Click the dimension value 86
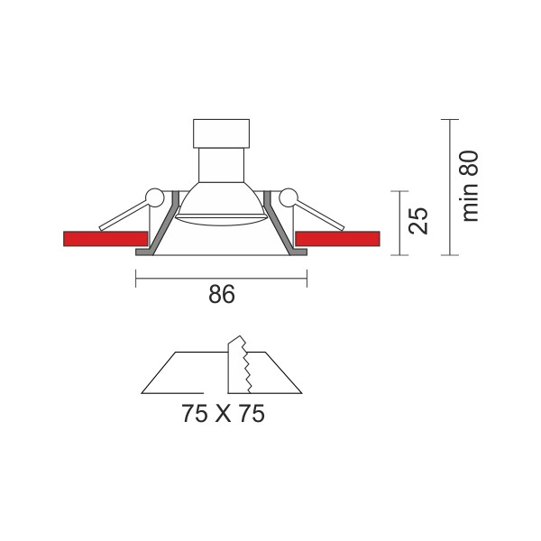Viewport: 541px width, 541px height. (x=222, y=294)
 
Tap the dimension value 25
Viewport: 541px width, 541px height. (x=418, y=221)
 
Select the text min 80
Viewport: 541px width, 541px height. (x=470, y=187)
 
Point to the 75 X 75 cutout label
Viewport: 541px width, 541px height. (x=223, y=413)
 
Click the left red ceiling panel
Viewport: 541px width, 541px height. (x=105, y=239)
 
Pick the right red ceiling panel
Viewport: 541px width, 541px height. (x=338, y=239)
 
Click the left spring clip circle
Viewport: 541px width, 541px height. (x=154, y=197)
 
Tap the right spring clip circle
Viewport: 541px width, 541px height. (x=289, y=197)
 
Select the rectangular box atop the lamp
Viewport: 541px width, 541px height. (x=221, y=133)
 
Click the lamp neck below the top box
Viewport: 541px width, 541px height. (x=222, y=165)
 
